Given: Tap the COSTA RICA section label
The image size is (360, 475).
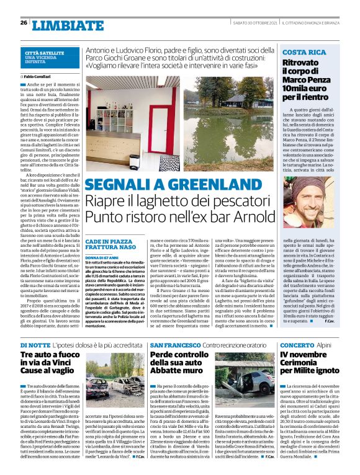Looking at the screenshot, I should click(304, 53).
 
